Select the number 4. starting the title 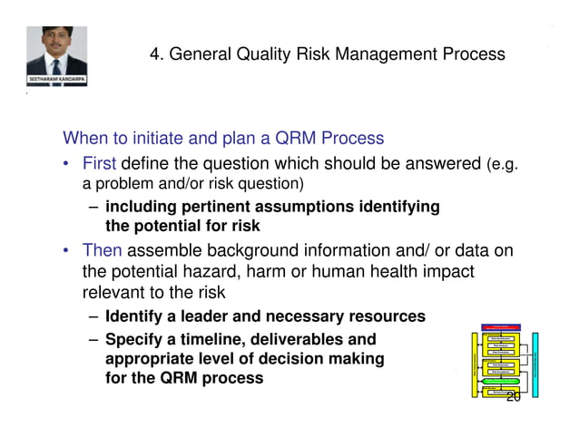(157, 54)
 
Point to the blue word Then (102, 251)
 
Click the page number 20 (513, 397)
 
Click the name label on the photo (55, 81)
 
